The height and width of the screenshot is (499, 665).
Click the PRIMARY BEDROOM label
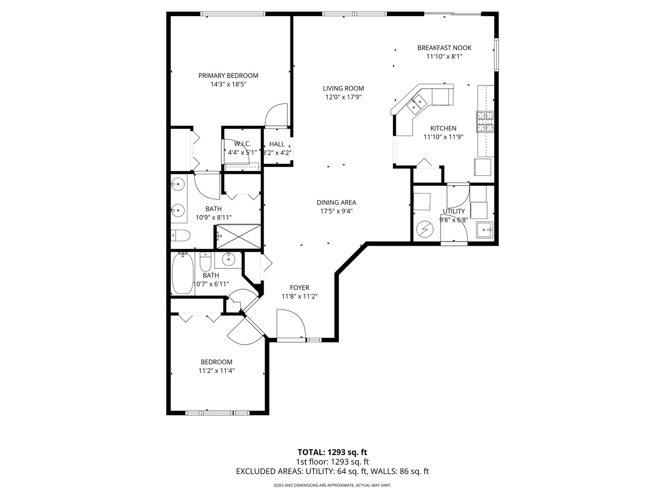pyautogui.click(x=228, y=76)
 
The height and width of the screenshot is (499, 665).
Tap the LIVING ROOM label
pyautogui.click(x=343, y=88)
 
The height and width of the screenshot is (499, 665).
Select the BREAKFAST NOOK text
pyautogui.click(x=444, y=48)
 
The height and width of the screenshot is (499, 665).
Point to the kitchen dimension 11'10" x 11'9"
pyautogui.click(x=443, y=137)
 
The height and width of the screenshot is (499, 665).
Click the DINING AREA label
pyautogui.click(x=336, y=202)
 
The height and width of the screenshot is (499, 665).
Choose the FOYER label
pyautogui.click(x=299, y=287)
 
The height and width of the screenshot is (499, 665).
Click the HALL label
pyautogui.click(x=277, y=144)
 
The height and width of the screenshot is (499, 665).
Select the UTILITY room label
pyautogui.click(x=454, y=212)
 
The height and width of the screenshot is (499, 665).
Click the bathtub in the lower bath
pyautogui.click(x=182, y=274)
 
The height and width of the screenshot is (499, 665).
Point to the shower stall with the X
pyautogui.click(x=239, y=236)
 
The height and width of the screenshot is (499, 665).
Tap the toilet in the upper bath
pyautogui.click(x=180, y=236)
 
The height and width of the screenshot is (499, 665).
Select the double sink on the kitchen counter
pyautogui.click(x=417, y=104)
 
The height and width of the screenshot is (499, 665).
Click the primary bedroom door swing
pyautogui.click(x=277, y=116)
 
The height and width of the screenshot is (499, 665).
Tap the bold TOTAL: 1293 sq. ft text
pyautogui.click(x=332, y=452)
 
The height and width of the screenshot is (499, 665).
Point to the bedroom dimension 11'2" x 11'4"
pyautogui.click(x=217, y=371)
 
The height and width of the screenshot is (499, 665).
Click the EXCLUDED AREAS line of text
pyautogui.click(x=332, y=471)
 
